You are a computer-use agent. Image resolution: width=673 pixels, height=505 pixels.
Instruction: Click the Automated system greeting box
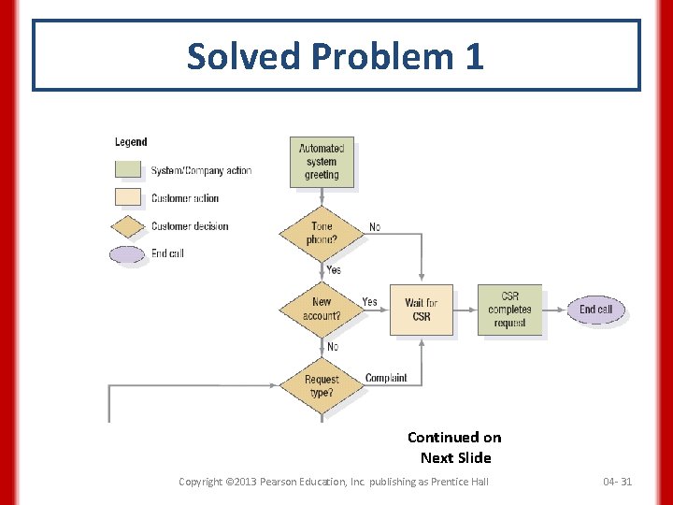click(322, 162)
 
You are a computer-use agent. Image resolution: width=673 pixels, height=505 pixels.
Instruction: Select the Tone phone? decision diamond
click(322, 233)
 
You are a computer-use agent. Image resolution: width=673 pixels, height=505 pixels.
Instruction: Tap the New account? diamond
click(322, 309)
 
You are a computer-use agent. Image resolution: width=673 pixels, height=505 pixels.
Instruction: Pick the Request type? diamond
click(322, 385)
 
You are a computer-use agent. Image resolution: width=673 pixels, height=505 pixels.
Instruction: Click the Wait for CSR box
click(421, 310)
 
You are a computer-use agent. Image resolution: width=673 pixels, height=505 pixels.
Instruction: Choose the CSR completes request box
click(509, 310)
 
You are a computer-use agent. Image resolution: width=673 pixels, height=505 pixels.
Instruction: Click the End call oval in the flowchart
click(595, 310)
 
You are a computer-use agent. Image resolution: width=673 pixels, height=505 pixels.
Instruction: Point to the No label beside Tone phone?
click(375, 227)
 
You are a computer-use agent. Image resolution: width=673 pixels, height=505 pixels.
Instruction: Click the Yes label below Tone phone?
click(334, 270)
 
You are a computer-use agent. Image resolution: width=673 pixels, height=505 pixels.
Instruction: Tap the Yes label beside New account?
click(370, 302)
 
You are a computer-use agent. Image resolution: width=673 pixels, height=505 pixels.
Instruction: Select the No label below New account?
click(333, 347)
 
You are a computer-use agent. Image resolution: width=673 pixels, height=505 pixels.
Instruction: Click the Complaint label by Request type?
click(386, 378)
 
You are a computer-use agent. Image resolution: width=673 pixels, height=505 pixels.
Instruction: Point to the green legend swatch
click(128, 169)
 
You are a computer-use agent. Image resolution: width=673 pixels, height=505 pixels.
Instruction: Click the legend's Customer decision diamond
click(128, 226)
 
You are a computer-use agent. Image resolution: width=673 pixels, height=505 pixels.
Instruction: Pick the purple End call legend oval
click(128, 253)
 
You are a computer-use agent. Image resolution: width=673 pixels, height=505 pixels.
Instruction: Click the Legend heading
click(131, 142)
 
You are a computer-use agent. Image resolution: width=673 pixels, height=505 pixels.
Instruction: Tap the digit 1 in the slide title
click(473, 56)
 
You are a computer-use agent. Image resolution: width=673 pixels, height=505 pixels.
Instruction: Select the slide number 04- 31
click(617, 482)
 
